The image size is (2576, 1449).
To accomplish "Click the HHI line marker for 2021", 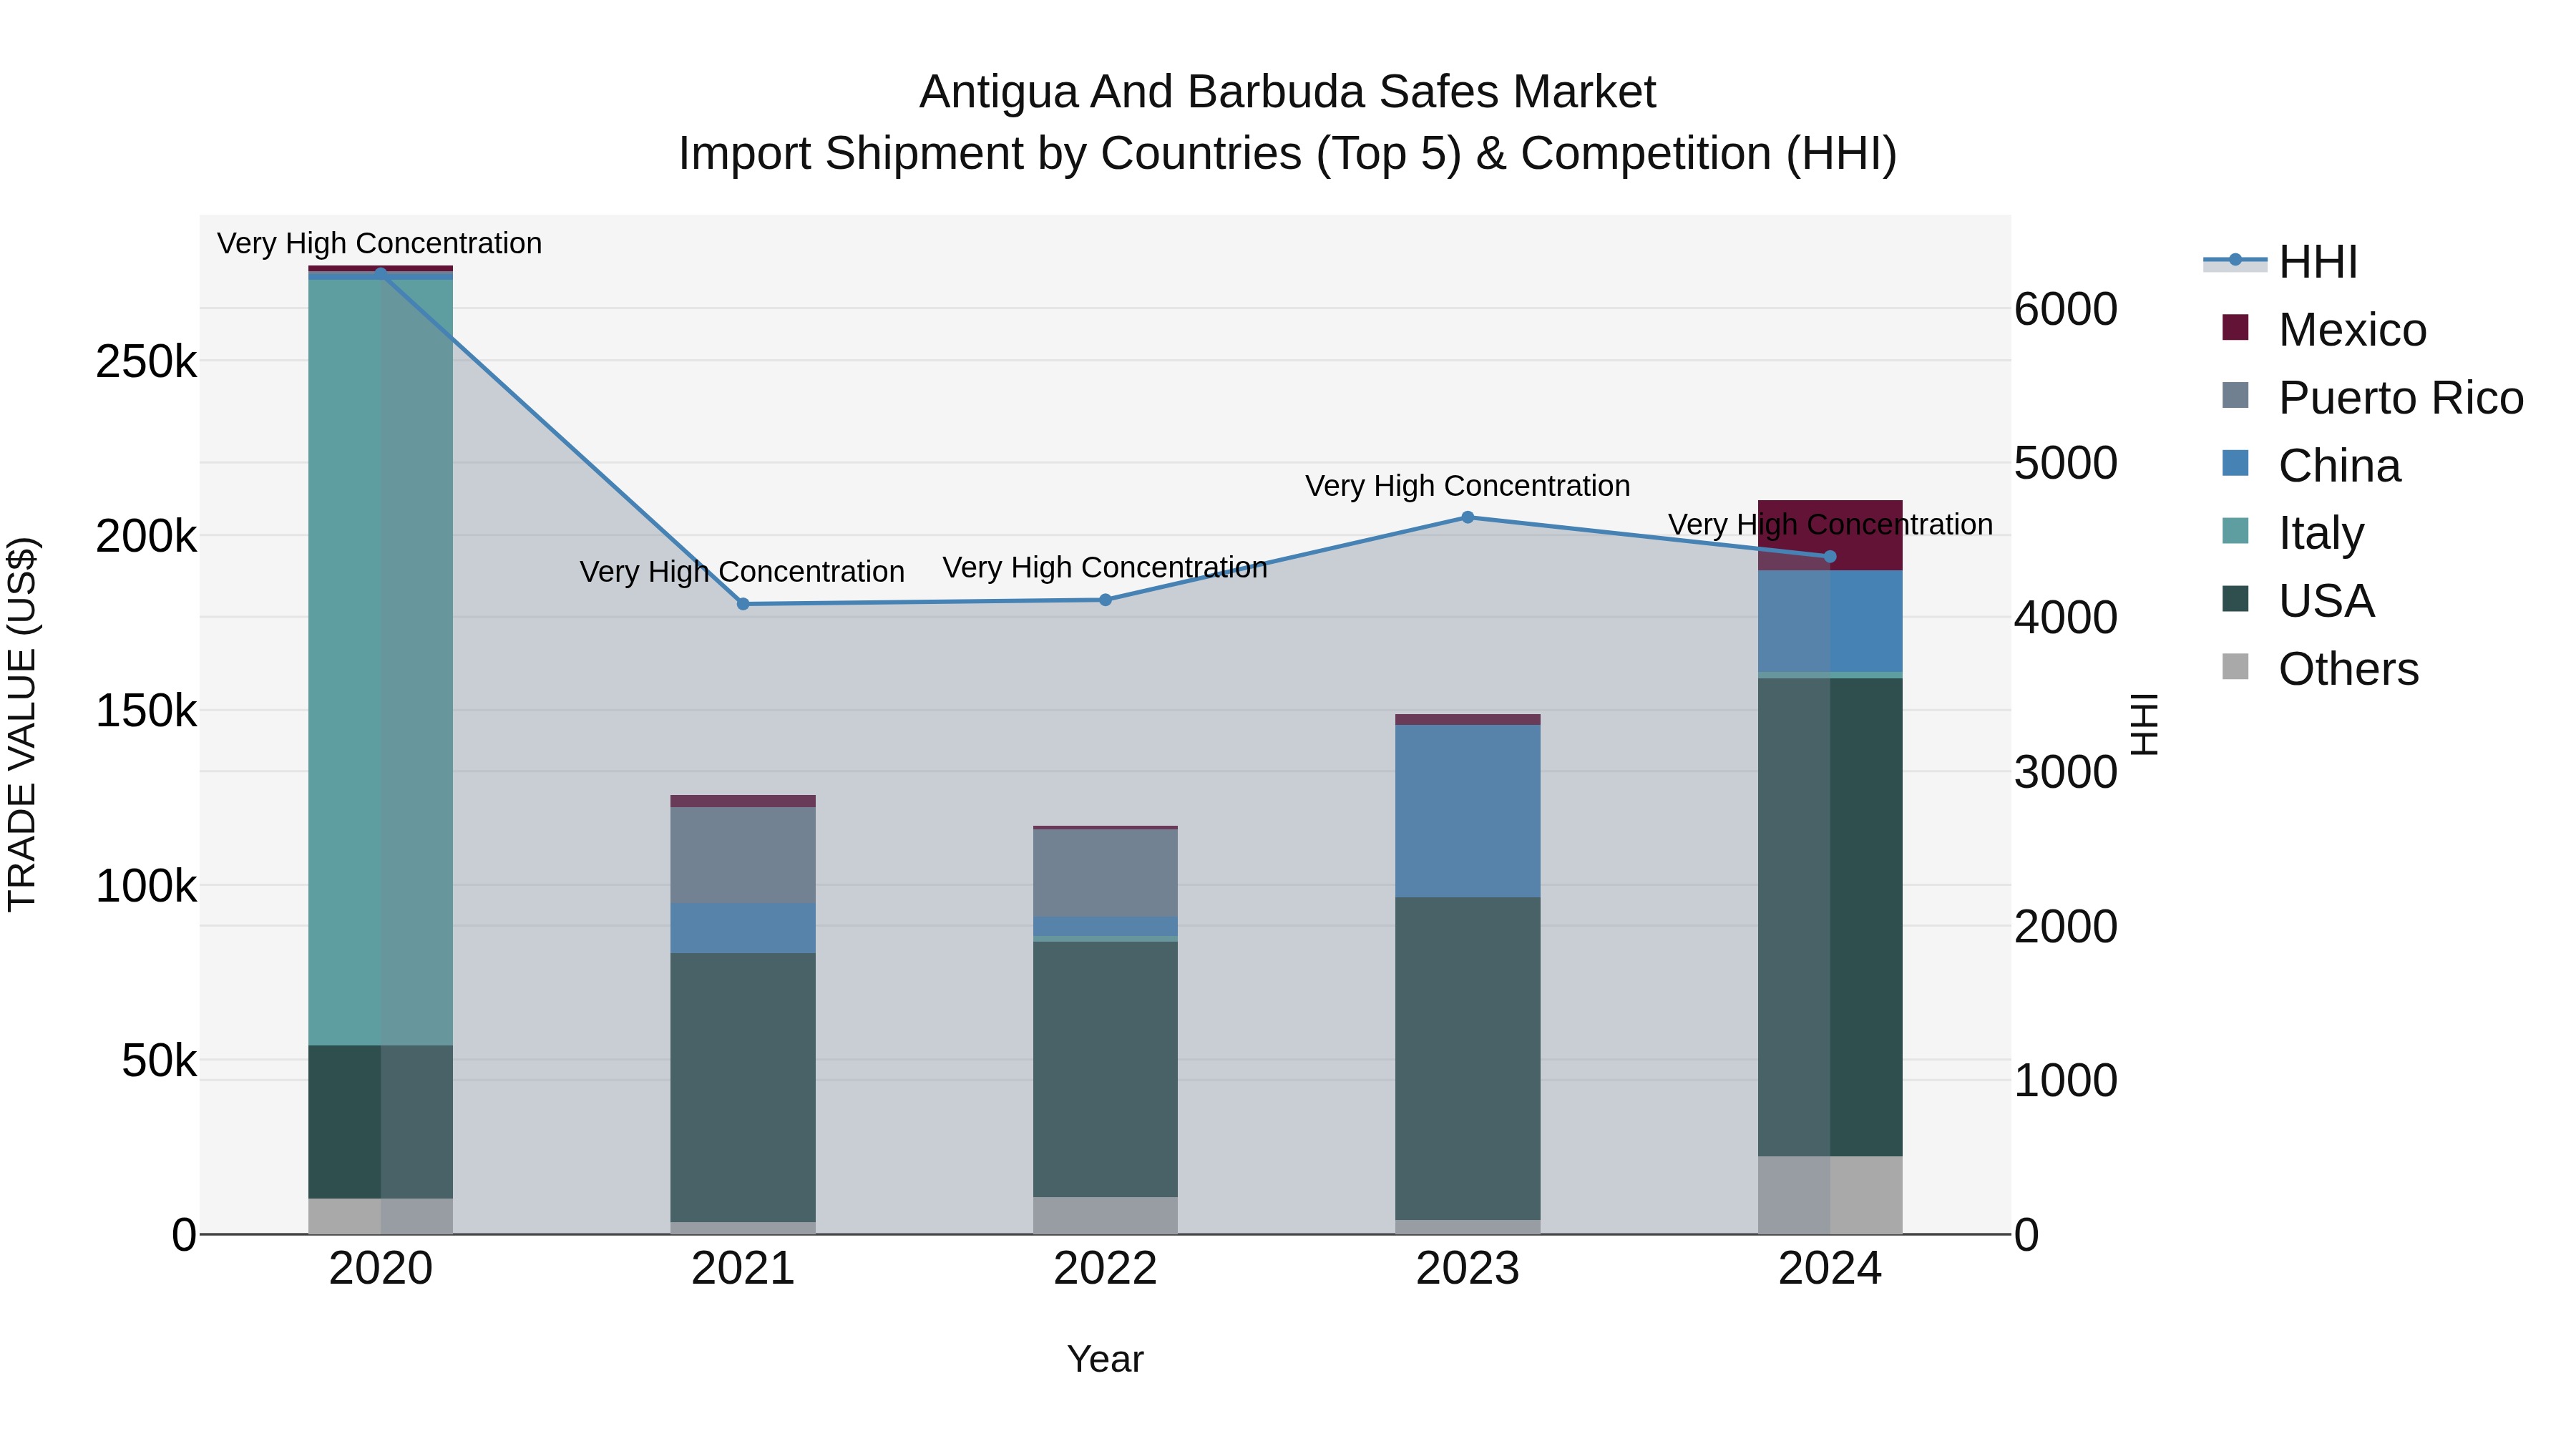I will [743, 604].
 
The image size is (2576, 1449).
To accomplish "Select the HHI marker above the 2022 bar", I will [1105, 600].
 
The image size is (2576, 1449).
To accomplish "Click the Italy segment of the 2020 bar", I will [380, 660].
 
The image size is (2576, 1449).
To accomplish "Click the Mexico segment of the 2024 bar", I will [1830, 535].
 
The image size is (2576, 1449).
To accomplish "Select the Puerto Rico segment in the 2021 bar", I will [743, 855].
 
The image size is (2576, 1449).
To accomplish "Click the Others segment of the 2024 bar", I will [1830, 1195].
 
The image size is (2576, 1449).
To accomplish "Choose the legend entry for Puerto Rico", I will [2400, 398].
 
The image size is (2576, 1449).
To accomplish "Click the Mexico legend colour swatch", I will [2235, 328].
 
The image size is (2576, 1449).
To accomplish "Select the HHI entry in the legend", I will [2317, 262].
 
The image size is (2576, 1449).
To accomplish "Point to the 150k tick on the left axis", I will [146, 712].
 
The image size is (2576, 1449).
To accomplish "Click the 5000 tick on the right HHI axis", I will [2065, 463].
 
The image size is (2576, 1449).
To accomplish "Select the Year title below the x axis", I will [1105, 1359].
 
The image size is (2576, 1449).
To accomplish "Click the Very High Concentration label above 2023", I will [1467, 486].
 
